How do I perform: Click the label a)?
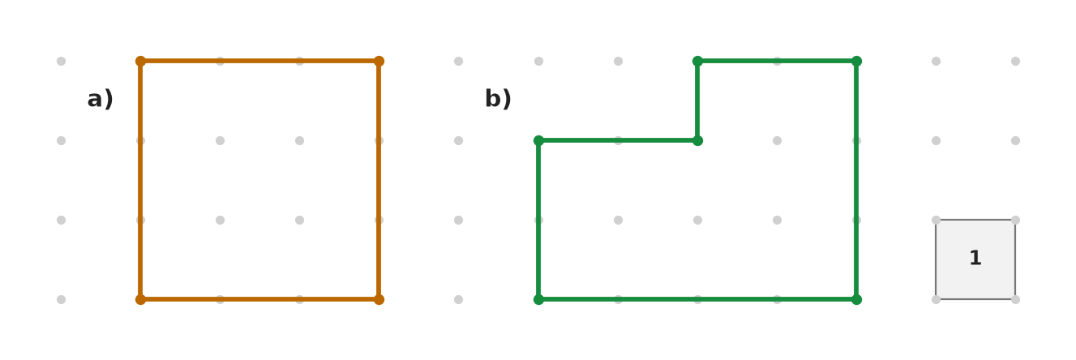point(101,99)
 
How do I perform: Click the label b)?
point(498,99)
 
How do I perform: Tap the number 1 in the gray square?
point(975,258)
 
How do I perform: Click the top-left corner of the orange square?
point(140,61)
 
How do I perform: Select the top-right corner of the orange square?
point(379,61)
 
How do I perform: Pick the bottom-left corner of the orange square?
point(140,299)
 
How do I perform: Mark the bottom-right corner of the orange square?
point(379,299)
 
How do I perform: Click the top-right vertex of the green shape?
point(856,61)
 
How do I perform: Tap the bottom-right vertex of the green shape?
point(856,299)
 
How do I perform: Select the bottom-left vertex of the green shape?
point(538,299)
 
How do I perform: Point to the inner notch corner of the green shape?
point(697,140)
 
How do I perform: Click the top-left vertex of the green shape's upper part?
point(697,61)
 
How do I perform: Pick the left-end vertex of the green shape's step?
point(538,140)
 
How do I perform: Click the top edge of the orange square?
point(259,61)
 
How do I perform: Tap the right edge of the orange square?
point(379,180)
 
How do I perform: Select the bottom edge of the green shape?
point(697,299)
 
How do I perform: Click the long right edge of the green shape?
point(856,180)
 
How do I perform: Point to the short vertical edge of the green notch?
point(697,101)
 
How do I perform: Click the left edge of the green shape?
point(538,220)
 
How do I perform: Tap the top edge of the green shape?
point(778,61)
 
